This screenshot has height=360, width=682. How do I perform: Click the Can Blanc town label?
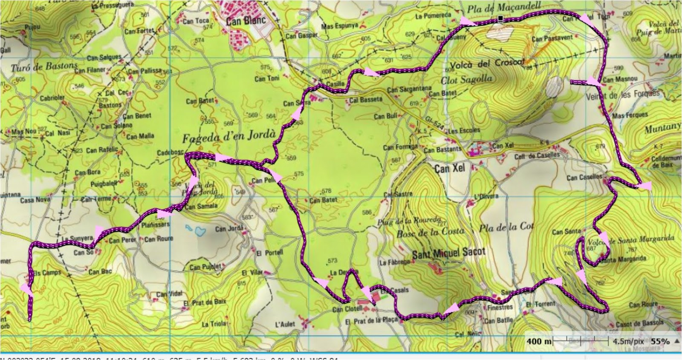click(246, 20)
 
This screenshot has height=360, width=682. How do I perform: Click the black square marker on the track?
click(500, 19)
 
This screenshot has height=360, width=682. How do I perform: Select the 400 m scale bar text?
click(538, 341)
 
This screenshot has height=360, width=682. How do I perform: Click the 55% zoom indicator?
click(660, 341)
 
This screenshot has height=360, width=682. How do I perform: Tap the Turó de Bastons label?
click(44, 66)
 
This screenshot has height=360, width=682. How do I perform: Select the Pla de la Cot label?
click(506, 228)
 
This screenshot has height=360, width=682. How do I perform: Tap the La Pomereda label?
click(433, 16)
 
